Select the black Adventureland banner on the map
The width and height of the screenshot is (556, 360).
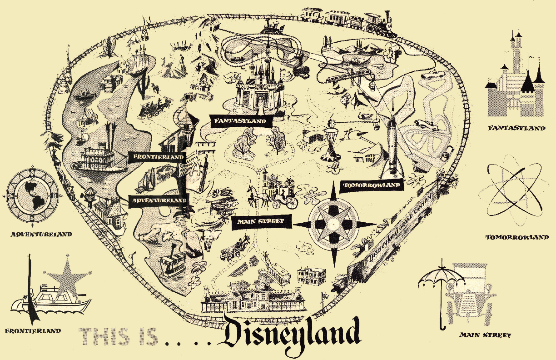point(159,200)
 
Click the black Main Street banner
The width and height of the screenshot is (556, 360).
point(260,221)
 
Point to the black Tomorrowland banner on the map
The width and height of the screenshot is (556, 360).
point(372,185)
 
